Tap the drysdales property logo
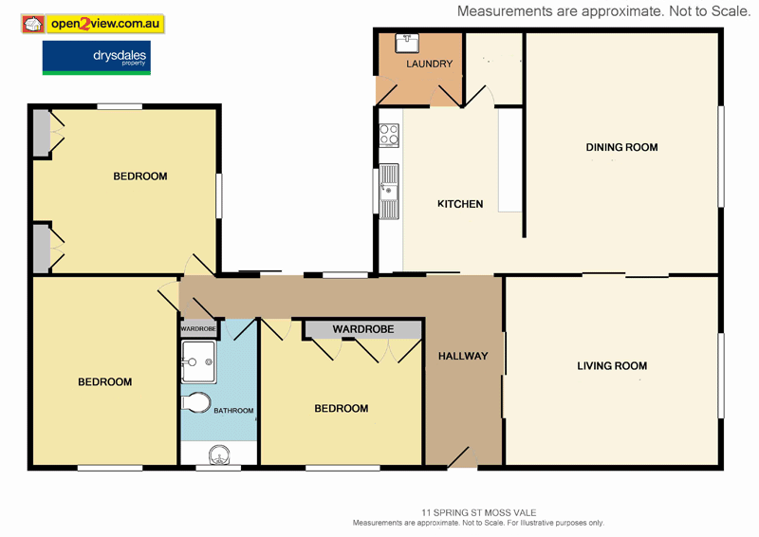click(x=96, y=58)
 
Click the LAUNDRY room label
click(x=429, y=65)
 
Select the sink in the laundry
click(x=409, y=41)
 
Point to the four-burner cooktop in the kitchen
click(x=389, y=136)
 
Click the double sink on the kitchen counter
click(x=389, y=191)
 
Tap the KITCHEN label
click(x=460, y=204)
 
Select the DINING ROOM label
click(x=621, y=147)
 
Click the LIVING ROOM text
click(x=612, y=365)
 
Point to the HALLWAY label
click(x=463, y=356)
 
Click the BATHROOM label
click(x=233, y=411)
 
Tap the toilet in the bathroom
click(x=196, y=403)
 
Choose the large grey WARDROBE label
click(x=362, y=330)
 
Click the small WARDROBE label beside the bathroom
click(x=198, y=329)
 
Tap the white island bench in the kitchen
click(x=510, y=159)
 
